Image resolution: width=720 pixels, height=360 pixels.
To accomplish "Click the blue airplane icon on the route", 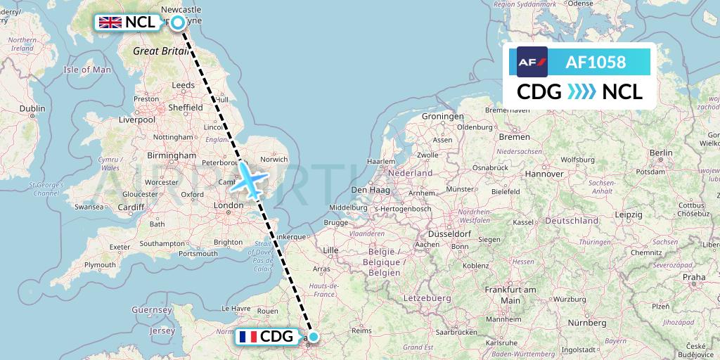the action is point(250,179).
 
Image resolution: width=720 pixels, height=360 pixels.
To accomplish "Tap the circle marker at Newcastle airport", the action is point(178,22).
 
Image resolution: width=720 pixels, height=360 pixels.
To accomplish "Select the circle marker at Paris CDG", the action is point(313,337).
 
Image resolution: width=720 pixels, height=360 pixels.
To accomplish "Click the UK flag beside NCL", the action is point(110,22).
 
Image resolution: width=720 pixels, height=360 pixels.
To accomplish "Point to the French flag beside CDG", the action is point(247,337).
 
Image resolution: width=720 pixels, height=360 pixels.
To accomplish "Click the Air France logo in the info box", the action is point(532,62).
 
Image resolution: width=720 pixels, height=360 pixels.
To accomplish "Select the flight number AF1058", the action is point(596,62).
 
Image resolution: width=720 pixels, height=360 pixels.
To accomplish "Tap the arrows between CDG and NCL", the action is point(581,92).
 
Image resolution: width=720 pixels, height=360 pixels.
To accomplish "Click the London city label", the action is point(228,205).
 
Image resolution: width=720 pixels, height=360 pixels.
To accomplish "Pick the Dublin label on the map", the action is point(32,108).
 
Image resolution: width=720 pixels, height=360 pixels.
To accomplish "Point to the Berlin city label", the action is point(661,153).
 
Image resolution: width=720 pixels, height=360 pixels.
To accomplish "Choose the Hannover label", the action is point(544,173).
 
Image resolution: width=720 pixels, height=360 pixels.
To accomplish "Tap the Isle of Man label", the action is point(87,70).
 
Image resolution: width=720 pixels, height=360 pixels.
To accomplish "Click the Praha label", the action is point(693,277).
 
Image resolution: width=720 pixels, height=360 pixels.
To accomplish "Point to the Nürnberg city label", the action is point(588,322).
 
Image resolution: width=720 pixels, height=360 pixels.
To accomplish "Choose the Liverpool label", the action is point(136,120).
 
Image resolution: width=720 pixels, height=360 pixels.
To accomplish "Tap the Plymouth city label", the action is point(99,264).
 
